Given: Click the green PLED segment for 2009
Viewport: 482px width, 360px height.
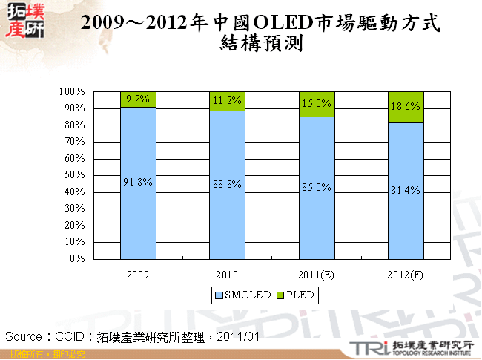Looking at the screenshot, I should click(x=138, y=99).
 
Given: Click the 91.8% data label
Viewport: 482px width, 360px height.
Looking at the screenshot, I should click(x=138, y=182).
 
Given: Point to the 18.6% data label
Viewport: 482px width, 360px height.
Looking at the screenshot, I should click(x=405, y=107).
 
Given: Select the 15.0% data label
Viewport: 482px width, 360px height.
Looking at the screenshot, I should click(x=316, y=104).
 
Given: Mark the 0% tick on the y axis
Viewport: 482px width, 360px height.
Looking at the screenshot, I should click(x=77, y=259).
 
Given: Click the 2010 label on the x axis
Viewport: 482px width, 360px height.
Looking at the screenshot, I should click(x=227, y=274).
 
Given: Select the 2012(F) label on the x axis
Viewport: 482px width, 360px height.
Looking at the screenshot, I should click(x=405, y=274).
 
